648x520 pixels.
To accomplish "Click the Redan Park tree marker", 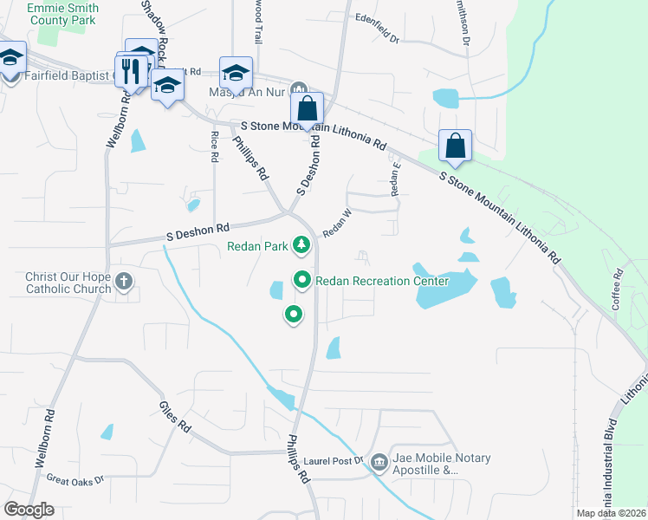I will (301, 246).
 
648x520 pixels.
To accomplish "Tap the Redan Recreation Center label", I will (382, 281).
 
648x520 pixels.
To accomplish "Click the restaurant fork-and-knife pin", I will (132, 71).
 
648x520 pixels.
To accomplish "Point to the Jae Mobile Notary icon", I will (379, 463).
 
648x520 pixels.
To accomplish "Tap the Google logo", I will (29, 510).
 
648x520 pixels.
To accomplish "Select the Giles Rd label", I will (174, 416).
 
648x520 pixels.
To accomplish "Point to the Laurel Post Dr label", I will (335, 461).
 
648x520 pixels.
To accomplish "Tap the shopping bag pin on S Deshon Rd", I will (307, 109).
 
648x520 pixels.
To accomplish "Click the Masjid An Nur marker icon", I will (299, 88).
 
